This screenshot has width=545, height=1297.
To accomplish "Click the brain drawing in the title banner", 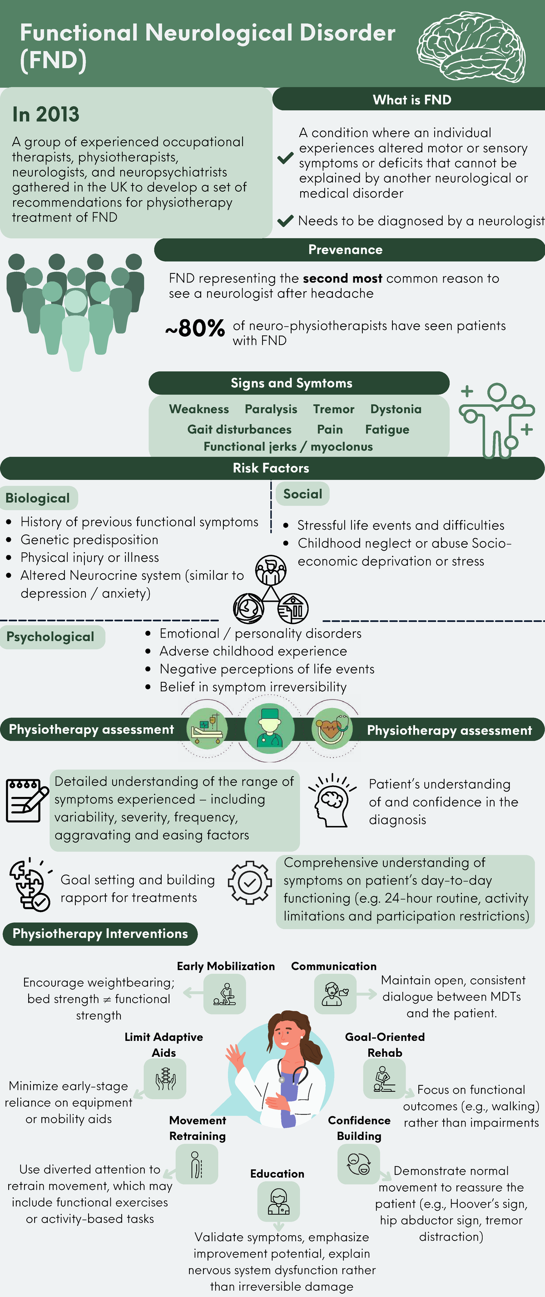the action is pos(471,46).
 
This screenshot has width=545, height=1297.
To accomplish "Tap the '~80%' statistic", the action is pos(195,328).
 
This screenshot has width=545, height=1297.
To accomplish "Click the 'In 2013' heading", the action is pos(46,114).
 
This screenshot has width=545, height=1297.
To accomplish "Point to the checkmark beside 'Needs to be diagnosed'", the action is pos(285,221).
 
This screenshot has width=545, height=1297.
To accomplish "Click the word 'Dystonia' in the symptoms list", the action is pos(396,409).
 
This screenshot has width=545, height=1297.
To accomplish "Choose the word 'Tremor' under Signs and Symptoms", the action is pos(333,409).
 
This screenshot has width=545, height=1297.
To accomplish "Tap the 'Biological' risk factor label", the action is pos(38,498).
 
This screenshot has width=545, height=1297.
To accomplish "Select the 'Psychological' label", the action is pos(51,637).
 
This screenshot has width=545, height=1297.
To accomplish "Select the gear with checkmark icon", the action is pos(250,882).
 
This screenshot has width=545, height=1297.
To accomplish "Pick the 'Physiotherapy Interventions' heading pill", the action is pos(100,934).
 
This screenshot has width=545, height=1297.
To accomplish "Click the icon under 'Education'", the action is pos(278,1201).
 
